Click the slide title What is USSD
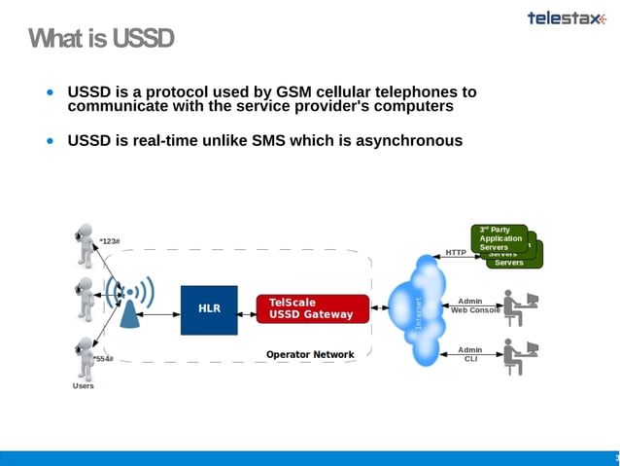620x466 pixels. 101,39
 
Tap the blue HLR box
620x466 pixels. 209,309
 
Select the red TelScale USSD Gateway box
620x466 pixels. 312,308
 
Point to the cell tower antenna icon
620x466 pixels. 129,303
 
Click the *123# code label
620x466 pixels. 110,241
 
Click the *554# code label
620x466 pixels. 103,359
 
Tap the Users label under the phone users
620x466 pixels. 84,386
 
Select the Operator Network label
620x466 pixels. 310,355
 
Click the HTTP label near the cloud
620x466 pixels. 456,253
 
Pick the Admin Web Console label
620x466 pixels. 475,305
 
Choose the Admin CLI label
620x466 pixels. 470,354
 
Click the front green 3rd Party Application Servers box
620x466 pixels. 499,237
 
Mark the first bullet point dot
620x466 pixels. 51,92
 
